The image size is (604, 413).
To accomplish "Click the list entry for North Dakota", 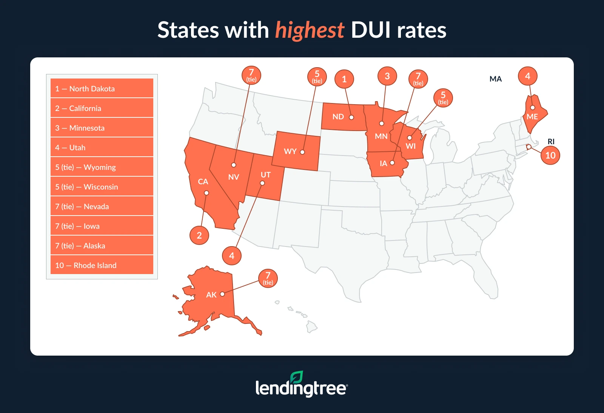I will tap(102, 88).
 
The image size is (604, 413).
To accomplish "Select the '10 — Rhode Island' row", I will tap(102, 265).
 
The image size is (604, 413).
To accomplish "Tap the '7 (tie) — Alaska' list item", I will tap(102, 245).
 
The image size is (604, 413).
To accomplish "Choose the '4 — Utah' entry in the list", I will tap(102, 147).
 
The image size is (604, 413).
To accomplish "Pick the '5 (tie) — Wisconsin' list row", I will tap(102, 186).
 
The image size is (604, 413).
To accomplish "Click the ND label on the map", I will tap(338, 117).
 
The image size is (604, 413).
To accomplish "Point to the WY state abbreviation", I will tap(290, 151).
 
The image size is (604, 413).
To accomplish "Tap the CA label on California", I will tap(203, 182).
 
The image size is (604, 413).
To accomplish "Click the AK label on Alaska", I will tap(211, 295).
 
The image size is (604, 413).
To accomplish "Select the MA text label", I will tap(496, 79).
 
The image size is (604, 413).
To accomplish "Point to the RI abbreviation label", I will tap(551, 142).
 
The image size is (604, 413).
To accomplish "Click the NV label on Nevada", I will tap(234, 177).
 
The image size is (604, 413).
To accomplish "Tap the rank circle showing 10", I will tap(550, 155).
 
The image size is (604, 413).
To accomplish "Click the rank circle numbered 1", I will tap(344, 79).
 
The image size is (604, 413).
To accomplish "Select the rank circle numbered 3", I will tap(387, 76).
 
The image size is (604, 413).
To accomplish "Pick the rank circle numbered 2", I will tap(199, 235).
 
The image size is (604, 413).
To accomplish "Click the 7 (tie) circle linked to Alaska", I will tap(268, 278).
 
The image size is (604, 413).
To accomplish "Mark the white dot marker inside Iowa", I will tap(392, 163).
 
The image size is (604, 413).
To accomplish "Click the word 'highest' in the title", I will tap(310, 30).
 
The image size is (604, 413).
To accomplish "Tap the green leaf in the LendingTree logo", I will tap(297, 377).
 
